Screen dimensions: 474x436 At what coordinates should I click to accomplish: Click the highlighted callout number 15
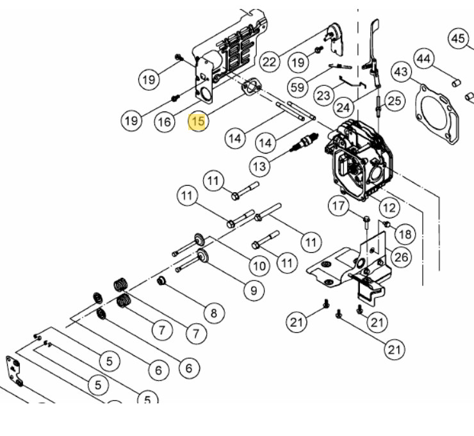(x=197, y=122)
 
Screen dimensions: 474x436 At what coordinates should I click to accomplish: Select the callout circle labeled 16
(x=165, y=122)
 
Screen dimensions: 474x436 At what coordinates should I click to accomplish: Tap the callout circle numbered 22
(x=269, y=62)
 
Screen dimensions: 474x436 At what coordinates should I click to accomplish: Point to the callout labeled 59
(x=297, y=87)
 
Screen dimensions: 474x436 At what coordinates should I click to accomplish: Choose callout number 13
(x=259, y=166)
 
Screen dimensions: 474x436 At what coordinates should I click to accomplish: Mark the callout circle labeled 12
(x=389, y=207)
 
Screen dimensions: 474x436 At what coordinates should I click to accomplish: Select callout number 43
(x=401, y=72)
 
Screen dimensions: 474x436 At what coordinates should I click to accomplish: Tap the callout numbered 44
(x=423, y=59)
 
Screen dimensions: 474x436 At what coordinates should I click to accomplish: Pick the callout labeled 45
(x=458, y=38)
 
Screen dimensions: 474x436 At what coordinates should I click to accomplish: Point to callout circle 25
(x=395, y=101)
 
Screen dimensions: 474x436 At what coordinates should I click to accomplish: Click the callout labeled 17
(x=338, y=206)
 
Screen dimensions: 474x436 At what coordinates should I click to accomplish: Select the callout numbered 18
(x=405, y=234)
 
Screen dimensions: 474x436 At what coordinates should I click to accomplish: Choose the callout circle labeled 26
(x=402, y=257)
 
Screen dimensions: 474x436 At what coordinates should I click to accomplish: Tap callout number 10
(x=259, y=266)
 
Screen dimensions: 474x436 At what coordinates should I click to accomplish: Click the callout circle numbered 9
(x=254, y=291)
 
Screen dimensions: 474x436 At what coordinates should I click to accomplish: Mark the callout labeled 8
(x=214, y=313)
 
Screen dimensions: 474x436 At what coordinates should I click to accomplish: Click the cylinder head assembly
(x=359, y=160)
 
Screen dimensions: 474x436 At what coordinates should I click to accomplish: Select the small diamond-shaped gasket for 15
(x=252, y=87)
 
